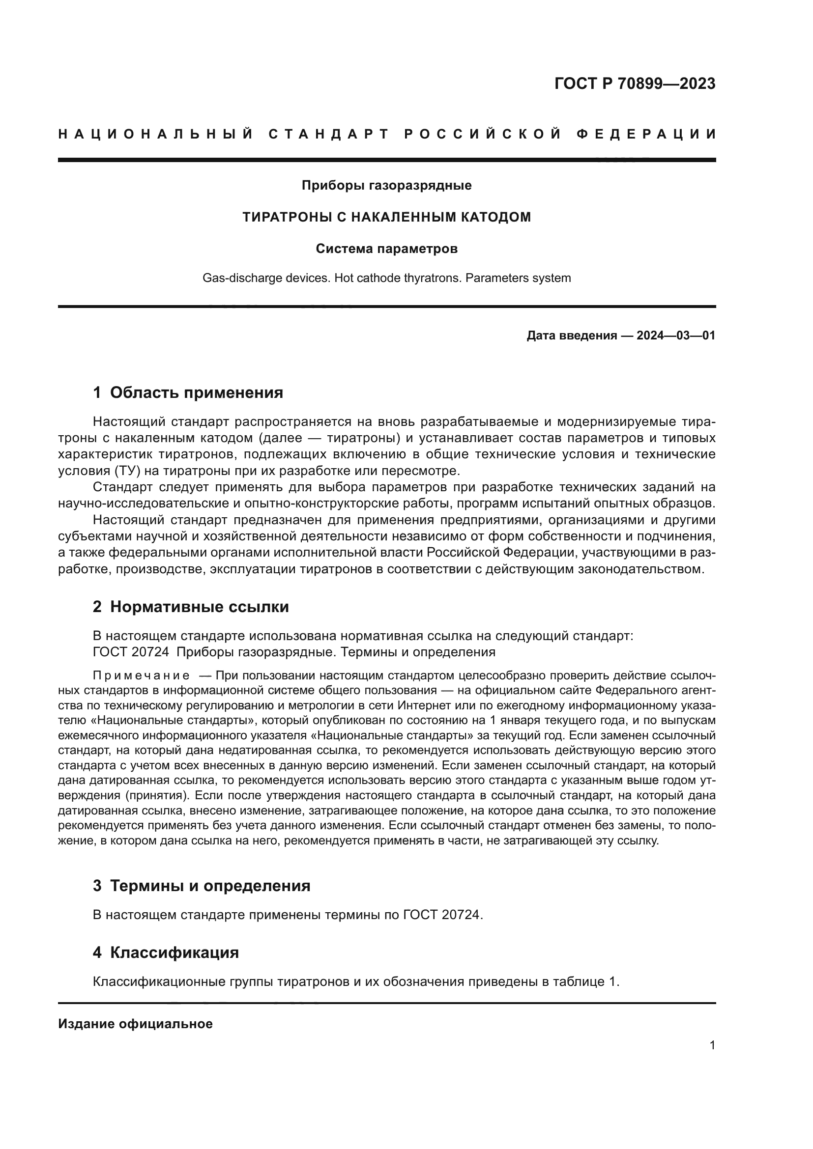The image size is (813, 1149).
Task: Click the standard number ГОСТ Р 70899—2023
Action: click(635, 84)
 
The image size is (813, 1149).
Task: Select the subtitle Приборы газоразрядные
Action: click(386, 186)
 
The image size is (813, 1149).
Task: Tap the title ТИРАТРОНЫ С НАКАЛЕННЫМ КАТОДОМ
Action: click(386, 217)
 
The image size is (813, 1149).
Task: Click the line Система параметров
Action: click(386, 249)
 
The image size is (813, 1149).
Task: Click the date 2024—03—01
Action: click(676, 336)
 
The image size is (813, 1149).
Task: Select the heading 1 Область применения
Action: click(188, 393)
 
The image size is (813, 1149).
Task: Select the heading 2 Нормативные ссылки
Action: click(191, 607)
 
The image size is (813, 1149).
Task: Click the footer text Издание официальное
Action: click(135, 1024)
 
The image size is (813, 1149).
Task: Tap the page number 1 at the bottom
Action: click(712, 1045)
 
